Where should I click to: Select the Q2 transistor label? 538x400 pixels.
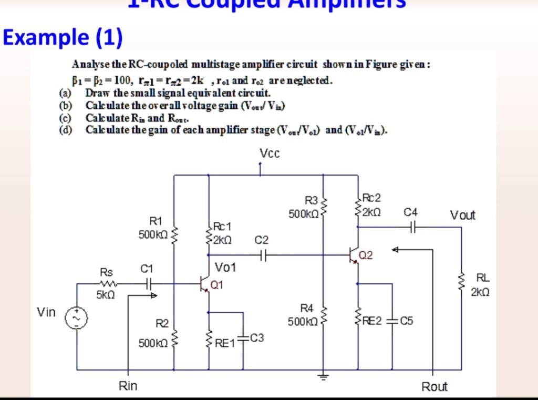366,256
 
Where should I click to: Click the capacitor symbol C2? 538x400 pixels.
263,255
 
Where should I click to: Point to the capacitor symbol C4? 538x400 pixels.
412,227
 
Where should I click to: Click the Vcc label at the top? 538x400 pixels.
270,153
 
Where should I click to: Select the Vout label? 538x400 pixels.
462,215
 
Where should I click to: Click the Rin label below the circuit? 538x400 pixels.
128,386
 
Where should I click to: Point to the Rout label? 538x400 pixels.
434,387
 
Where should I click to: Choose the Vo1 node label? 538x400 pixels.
226,268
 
